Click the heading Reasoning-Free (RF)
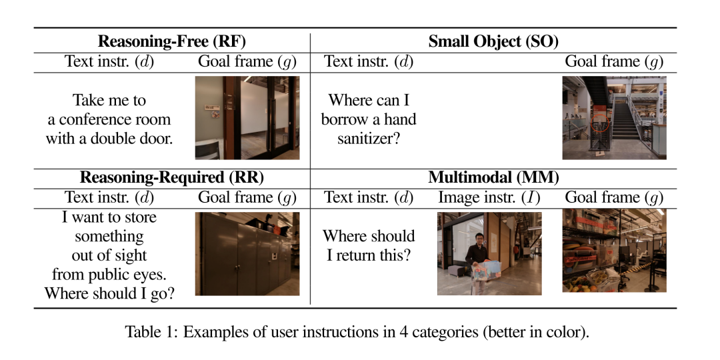tap(172, 41)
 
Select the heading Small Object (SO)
tap(493, 41)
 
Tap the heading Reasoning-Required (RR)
tap(172, 177)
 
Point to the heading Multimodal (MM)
tap(493, 177)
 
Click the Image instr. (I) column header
tap(489, 197)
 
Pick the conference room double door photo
tap(247, 117)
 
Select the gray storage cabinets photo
tap(247, 253)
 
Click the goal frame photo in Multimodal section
tap(614, 251)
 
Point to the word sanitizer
tap(369, 138)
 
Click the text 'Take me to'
tap(109, 101)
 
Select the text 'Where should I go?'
tap(109, 293)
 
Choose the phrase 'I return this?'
tap(369, 255)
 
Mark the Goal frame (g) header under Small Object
tap(614, 62)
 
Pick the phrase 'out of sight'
tap(109, 255)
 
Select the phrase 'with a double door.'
tap(109, 139)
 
